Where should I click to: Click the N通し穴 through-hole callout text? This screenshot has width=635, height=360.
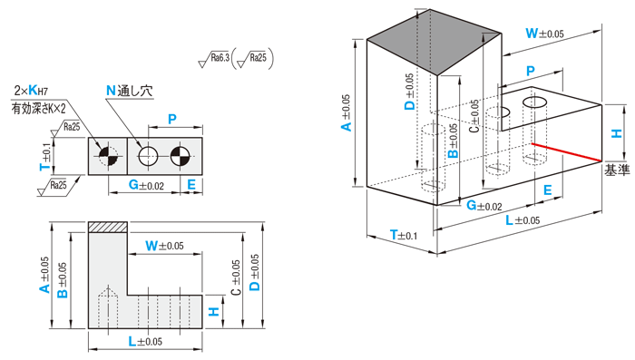click(x=130, y=91)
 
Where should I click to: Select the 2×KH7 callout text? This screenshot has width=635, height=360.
click(x=31, y=91)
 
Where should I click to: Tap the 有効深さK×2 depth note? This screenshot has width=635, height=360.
click(x=38, y=108)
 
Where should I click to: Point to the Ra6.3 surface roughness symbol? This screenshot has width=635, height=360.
click(x=214, y=60)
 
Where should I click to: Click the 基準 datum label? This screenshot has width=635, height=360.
click(x=617, y=170)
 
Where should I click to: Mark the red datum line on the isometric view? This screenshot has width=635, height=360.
click(x=566, y=152)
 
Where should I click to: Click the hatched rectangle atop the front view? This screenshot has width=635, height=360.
click(x=108, y=228)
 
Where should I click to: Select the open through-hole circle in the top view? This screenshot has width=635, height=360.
click(x=148, y=156)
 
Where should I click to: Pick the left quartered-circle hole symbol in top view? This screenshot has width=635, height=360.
click(x=108, y=156)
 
